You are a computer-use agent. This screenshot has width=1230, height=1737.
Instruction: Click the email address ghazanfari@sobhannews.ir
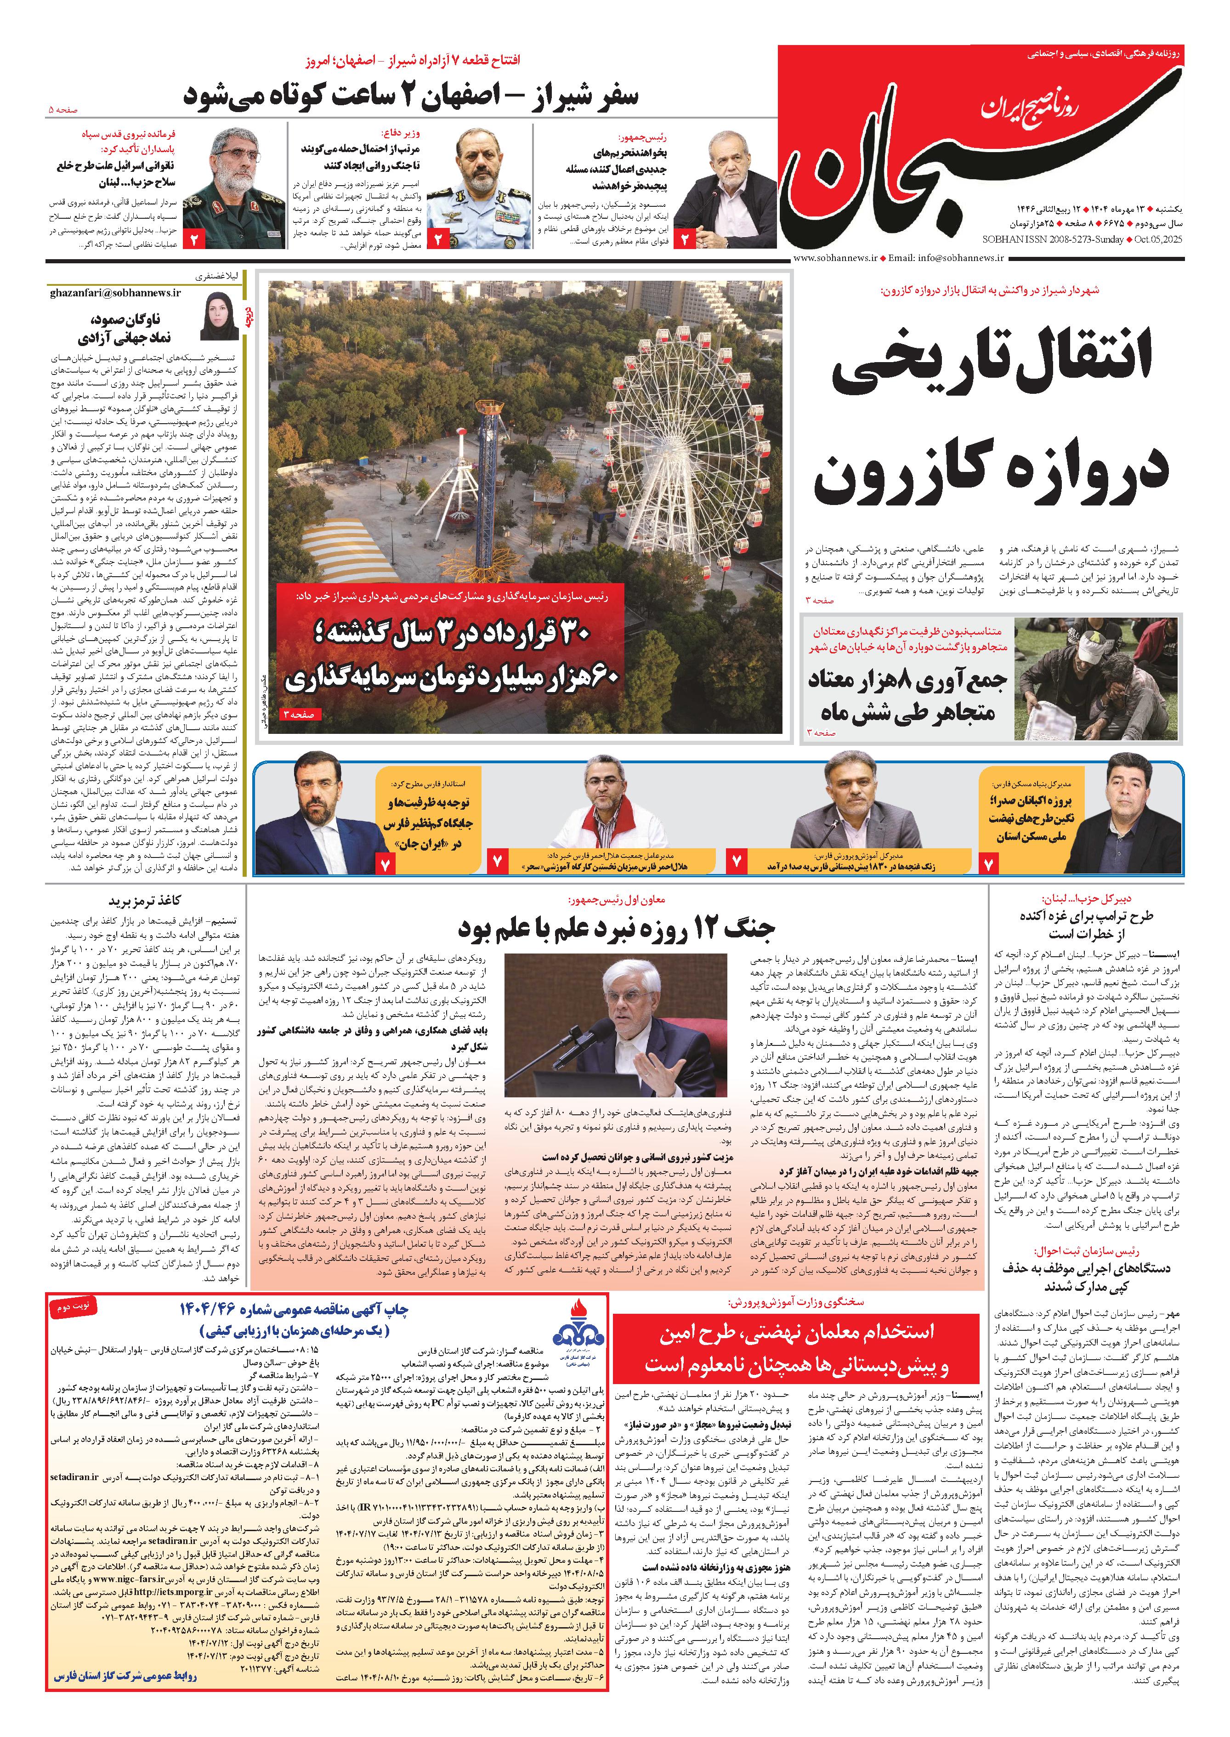(116, 292)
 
